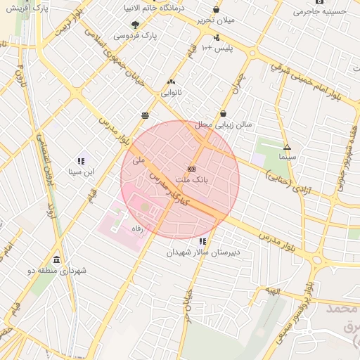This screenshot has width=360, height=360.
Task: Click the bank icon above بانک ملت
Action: point(191,169)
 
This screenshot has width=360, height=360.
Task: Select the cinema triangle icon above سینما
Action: point(287,147)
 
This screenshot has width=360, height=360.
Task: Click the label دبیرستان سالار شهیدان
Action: point(203,252)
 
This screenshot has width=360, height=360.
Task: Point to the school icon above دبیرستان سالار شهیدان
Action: point(203,241)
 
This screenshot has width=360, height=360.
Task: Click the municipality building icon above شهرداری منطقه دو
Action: point(56,259)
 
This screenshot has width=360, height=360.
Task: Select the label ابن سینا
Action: point(81,172)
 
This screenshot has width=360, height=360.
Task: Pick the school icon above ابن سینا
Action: point(82,161)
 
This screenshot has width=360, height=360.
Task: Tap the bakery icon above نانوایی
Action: point(172,82)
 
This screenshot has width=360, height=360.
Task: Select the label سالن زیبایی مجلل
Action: point(224,124)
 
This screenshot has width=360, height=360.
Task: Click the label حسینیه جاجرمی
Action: point(321,11)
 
